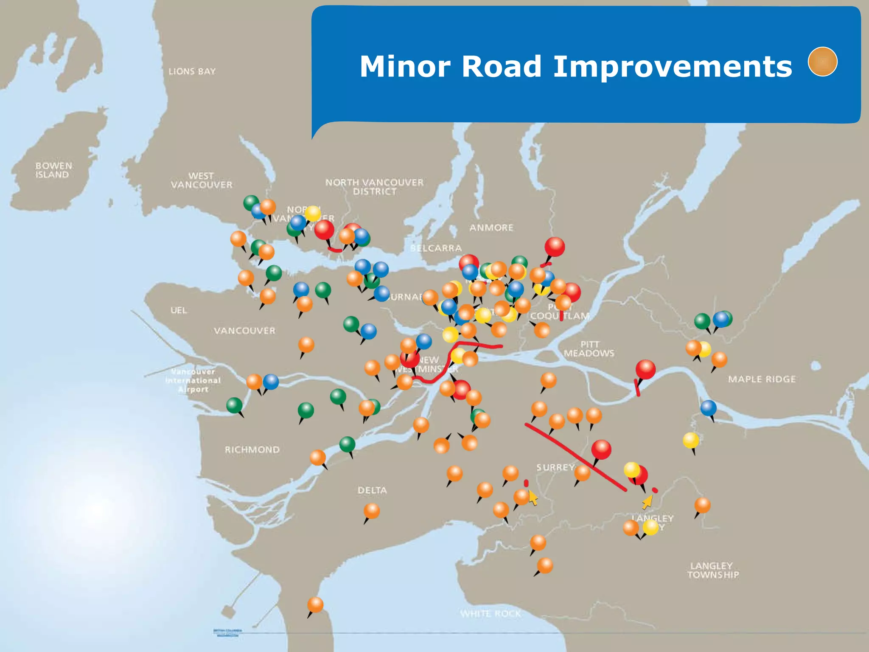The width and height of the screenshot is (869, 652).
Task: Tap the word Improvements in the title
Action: (673, 67)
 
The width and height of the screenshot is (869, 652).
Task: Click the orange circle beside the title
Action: (822, 62)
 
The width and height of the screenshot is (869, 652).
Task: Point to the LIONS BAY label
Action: (192, 71)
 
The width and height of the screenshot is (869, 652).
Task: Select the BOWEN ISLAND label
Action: (53, 170)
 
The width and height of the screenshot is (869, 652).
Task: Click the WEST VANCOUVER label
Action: (202, 180)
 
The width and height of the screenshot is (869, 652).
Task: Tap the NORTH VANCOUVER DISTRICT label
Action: (374, 187)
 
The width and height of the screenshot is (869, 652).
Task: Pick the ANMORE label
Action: (491, 228)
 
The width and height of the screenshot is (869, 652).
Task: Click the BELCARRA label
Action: (436, 248)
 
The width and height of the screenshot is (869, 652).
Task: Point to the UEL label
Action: (179, 310)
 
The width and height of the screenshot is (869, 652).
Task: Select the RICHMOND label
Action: (252, 450)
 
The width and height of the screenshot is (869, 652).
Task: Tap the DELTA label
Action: (372, 490)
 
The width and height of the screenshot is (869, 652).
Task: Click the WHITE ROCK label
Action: (491, 613)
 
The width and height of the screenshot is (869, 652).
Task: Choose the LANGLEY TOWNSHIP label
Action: (713, 570)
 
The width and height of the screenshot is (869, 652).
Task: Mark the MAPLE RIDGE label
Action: (762, 379)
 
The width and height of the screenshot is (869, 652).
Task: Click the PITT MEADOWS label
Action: (589, 348)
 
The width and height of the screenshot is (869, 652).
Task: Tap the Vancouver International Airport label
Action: (193, 380)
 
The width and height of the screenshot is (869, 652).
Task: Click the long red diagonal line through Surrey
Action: (575, 456)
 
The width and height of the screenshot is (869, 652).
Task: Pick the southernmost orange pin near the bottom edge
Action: (315, 604)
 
